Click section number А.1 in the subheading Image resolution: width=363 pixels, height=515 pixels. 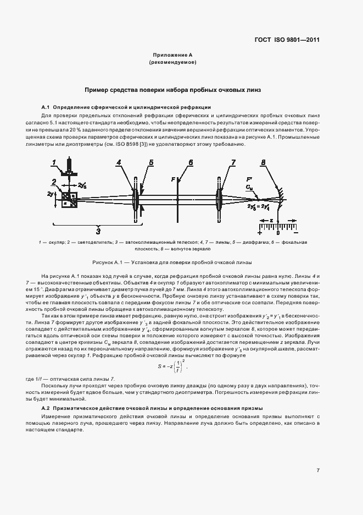pos(46,107)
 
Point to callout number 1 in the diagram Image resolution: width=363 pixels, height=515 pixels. pos(54,162)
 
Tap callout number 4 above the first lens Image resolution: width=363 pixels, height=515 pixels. pos(119,162)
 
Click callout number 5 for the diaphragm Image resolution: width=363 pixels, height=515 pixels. pos(150,162)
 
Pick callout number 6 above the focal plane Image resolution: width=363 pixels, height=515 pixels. pos(191,162)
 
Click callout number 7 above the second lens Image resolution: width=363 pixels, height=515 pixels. pos(233,162)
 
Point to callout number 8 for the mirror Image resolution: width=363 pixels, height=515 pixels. pos(264,162)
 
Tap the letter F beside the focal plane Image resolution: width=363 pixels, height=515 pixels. pos(173,179)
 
